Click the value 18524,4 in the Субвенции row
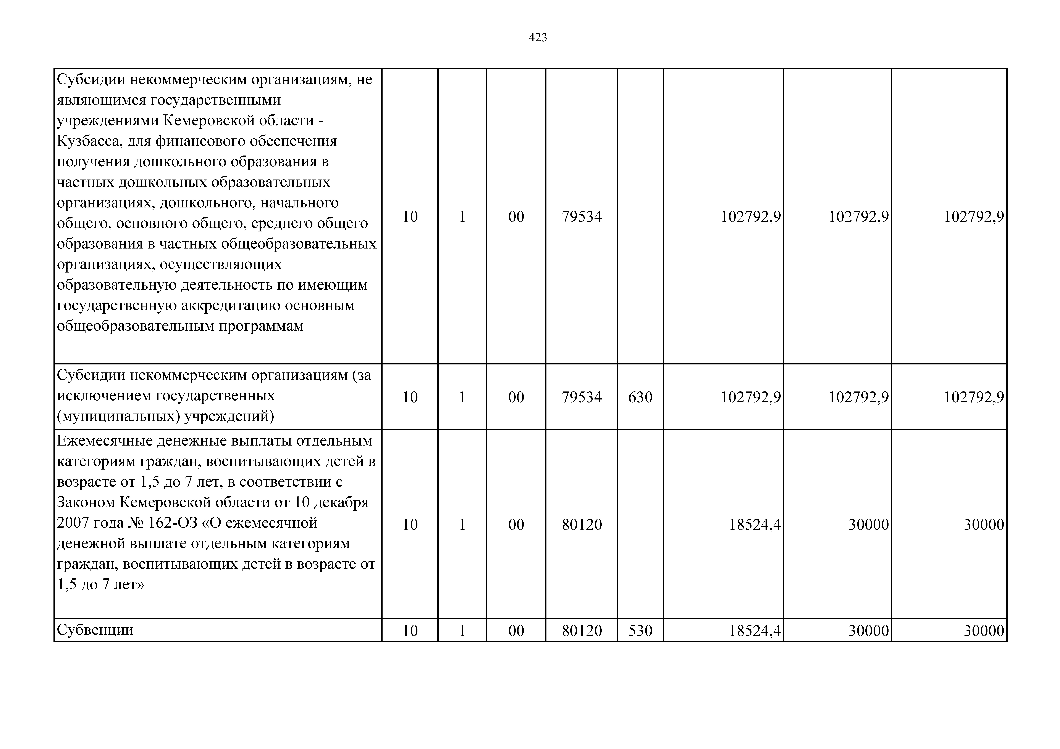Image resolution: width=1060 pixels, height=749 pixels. pos(754,630)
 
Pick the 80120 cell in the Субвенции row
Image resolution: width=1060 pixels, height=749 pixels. pos(582,630)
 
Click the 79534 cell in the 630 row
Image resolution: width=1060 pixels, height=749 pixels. pos(582,397)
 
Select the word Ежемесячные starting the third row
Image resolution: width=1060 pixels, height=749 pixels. pos(104,441)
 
